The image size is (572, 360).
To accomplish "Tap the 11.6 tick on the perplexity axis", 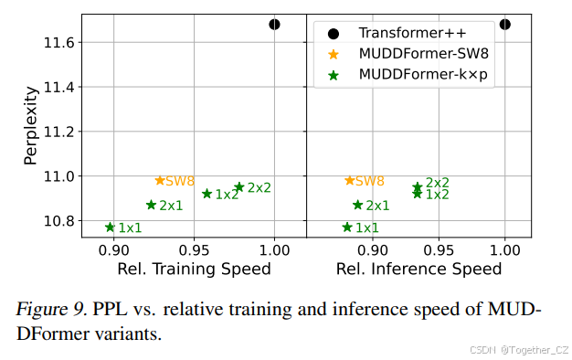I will pyautogui.click(x=60, y=43).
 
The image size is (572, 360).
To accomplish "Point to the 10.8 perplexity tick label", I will pyautogui.click(x=60, y=220).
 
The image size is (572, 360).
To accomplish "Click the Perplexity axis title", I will pyautogui.click(x=30, y=124).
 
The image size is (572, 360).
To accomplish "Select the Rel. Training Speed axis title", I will pyautogui.click(x=194, y=269).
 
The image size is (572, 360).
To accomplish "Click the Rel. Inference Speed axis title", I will pyautogui.click(x=418, y=269).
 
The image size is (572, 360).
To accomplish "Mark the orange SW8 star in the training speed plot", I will pyautogui.click(x=160, y=181).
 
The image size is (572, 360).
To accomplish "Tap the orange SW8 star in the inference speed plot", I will pyautogui.click(x=349, y=181).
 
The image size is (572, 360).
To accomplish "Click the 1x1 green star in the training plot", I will pyautogui.click(x=110, y=228).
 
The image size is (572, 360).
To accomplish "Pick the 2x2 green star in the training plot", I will pyautogui.click(x=239, y=187).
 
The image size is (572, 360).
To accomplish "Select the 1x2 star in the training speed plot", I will pyautogui.click(x=207, y=194).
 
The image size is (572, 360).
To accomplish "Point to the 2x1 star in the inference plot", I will pyautogui.click(x=357, y=206).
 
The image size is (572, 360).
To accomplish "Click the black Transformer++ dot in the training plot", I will pyautogui.click(x=274, y=25).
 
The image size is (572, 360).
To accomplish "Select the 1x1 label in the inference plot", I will pyautogui.click(x=367, y=228).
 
